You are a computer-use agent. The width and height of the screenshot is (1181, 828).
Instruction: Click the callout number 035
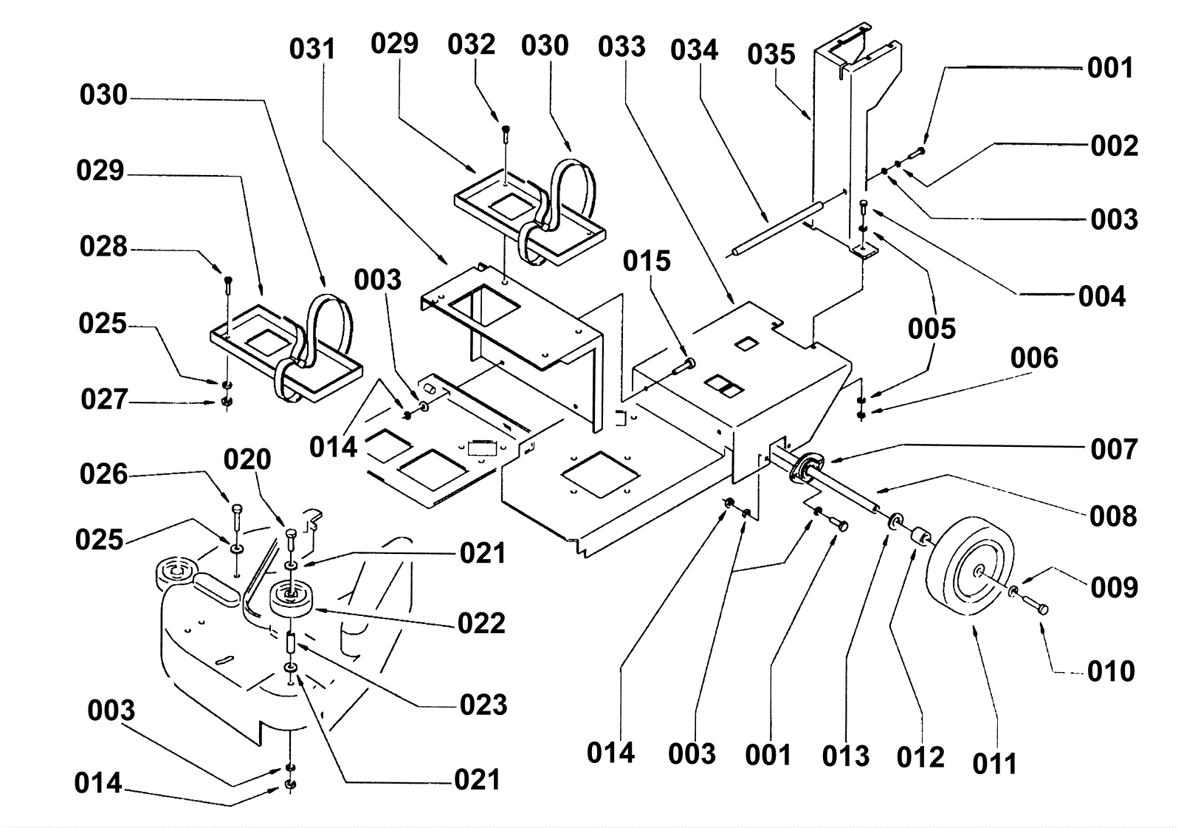[x=771, y=55]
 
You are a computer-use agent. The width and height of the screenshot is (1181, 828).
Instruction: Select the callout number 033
[x=622, y=47]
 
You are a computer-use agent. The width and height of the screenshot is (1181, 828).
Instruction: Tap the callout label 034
[x=694, y=50]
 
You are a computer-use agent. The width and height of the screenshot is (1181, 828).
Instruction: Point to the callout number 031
[x=312, y=49]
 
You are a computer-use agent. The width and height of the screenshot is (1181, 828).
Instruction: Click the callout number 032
[x=471, y=44]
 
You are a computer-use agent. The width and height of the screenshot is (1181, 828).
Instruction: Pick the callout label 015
[x=647, y=261]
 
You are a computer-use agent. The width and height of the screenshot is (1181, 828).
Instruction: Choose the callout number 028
[x=103, y=247]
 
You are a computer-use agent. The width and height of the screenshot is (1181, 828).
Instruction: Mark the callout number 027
[x=104, y=400]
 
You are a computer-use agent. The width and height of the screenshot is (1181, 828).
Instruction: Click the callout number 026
[x=103, y=474]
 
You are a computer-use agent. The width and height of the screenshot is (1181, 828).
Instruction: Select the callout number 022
[x=481, y=623]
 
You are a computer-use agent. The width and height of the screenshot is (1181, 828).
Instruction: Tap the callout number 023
[x=483, y=705]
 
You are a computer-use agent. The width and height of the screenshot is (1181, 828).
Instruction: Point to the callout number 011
[x=994, y=764]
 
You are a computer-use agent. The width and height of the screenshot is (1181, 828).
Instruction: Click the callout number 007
[x=1114, y=449]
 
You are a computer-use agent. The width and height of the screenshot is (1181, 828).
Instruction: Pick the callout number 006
[x=1034, y=358]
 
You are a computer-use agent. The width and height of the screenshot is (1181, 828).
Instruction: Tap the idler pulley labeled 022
[x=292, y=597]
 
